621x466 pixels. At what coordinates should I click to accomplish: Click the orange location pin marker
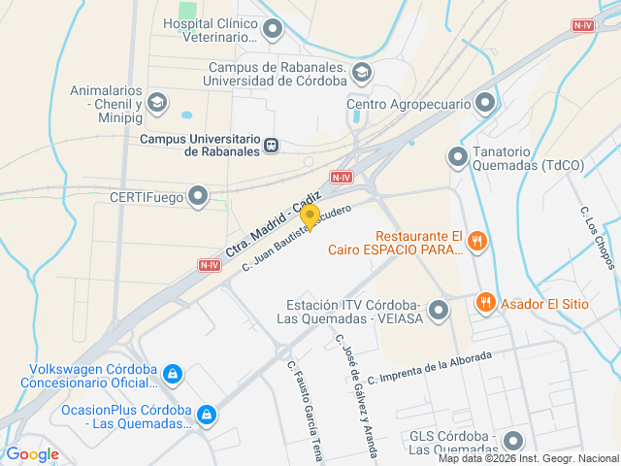[x=310, y=217]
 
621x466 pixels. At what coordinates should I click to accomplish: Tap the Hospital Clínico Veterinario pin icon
[x=274, y=28]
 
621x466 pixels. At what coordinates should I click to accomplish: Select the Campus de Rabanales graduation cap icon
[x=362, y=72]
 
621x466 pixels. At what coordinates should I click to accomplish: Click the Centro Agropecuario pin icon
[x=485, y=103]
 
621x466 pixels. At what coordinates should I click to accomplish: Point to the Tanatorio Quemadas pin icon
[x=457, y=156]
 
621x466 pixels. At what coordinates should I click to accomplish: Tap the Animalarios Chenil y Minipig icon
[x=157, y=103]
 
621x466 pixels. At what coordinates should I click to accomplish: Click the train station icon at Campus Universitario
[x=272, y=145]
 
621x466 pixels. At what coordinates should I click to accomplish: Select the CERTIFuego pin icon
[x=199, y=197]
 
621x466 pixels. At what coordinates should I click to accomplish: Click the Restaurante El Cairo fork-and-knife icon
[x=476, y=243]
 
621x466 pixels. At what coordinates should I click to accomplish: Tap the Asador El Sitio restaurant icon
[x=486, y=303]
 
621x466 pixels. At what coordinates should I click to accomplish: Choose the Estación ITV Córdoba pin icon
[x=439, y=311]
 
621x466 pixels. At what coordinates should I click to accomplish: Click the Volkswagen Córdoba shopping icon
[x=173, y=374]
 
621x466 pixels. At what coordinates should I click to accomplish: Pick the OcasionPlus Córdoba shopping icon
[x=206, y=415]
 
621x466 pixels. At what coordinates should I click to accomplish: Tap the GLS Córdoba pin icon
[x=513, y=441]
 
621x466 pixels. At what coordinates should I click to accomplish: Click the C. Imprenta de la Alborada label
[x=430, y=366]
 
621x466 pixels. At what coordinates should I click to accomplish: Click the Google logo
[x=32, y=454]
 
